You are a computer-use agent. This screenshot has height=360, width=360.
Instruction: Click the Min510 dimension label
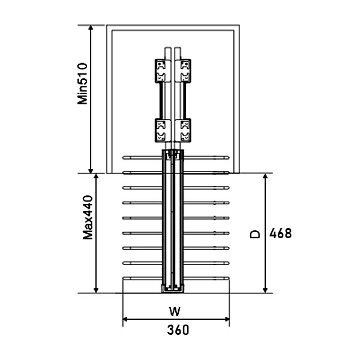(83, 83)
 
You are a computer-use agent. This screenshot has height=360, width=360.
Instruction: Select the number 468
(280, 234)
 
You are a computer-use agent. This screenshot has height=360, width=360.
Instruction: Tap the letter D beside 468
(254, 234)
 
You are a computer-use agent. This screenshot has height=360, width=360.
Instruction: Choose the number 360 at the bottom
(178, 329)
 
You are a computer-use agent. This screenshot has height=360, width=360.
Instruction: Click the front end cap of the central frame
(173, 290)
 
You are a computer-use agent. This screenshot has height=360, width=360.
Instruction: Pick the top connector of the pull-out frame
(173, 155)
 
